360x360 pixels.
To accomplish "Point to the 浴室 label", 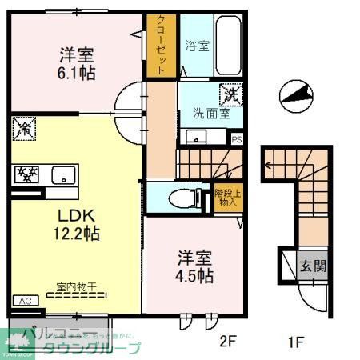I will tap(198, 46).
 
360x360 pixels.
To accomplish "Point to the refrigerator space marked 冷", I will tap(24, 126).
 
